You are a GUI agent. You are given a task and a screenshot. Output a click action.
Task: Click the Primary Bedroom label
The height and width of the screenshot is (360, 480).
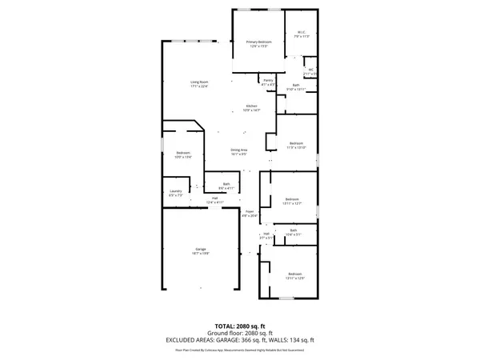[258, 43]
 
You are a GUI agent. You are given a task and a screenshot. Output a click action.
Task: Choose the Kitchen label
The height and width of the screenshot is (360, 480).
[252, 108]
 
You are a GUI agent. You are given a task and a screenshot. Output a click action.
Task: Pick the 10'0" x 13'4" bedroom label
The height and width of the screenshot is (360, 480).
[183, 155]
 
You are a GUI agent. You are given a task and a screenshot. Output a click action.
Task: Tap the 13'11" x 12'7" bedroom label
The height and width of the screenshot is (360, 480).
[293, 201]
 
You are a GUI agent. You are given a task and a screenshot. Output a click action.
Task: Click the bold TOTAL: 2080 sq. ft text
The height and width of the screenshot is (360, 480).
[239, 326]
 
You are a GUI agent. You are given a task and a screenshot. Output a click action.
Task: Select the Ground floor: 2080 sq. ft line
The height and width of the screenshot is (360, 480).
[239, 333]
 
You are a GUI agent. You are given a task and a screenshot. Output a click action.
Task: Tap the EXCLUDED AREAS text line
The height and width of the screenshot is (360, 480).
[239, 339]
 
